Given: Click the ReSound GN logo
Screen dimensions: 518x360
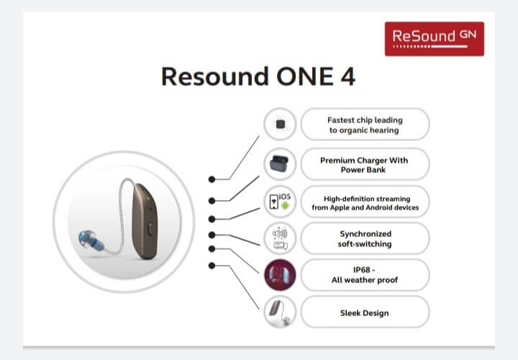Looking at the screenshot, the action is click(435, 39).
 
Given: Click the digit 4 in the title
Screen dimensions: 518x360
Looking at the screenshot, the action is click(347, 77).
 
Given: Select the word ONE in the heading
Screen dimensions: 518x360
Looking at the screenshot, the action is click(305, 77).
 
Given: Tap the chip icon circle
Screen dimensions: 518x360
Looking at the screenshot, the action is click(280, 124).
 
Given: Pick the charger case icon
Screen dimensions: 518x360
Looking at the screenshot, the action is click(279, 163).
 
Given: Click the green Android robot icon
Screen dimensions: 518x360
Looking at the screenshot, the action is click(285, 206).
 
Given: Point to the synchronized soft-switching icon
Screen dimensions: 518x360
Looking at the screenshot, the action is click(280, 238).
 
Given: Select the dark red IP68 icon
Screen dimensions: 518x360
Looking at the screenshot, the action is click(280, 275).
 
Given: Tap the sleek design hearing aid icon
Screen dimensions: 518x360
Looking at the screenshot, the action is click(280, 312).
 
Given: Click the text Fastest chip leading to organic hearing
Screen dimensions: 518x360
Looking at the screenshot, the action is click(365, 125).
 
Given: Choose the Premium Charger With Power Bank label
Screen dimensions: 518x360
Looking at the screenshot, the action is click(364, 165).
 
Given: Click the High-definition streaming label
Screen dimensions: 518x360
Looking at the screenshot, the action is click(365, 203).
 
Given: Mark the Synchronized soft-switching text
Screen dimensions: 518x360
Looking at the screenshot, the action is click(365, 238).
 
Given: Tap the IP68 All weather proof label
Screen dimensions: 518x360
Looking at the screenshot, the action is click(365, 275).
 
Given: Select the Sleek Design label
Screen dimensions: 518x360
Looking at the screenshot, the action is click(364, 313).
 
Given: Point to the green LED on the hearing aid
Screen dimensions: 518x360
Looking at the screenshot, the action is click(148, 199).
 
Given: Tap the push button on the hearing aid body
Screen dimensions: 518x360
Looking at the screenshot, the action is click(150, 229).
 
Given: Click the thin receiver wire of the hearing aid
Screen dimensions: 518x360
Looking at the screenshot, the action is click(122, 215).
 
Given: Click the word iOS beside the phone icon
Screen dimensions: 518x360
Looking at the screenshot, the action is click(285, 197).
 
